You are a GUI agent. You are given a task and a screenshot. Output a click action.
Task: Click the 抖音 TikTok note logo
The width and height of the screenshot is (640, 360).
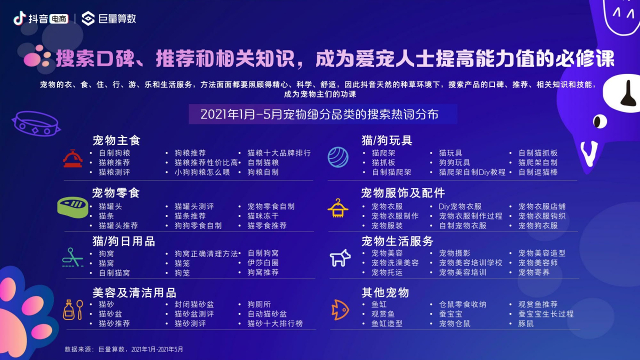(x=19, y=18)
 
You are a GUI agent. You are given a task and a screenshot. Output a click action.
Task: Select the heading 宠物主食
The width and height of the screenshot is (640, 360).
(x=116, y=140)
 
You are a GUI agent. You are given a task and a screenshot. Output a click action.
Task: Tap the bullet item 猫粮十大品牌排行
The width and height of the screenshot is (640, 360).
(x=279, y=153)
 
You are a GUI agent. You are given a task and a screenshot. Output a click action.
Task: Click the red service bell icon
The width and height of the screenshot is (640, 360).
(x=72, y=158)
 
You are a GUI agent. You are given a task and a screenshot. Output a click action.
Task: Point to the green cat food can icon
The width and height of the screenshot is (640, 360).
(x=72, y=206)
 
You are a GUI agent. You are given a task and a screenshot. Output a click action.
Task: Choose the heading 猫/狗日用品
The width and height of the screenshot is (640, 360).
(x=123, y=241)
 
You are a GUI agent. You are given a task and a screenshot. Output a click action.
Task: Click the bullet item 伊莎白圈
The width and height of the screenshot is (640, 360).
(x=263, y=263)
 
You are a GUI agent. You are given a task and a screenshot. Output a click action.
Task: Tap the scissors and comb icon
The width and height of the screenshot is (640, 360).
(x=73, y=257)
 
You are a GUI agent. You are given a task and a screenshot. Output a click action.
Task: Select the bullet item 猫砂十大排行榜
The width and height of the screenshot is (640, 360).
(x=275, y=323)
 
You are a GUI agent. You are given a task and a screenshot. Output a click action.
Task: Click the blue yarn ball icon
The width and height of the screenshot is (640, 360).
(x=338, y=157)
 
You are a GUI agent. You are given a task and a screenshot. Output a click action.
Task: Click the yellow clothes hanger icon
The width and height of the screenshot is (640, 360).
(x=338, y=208)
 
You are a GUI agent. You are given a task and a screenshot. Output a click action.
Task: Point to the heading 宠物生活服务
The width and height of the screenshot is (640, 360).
(x=397, y=241)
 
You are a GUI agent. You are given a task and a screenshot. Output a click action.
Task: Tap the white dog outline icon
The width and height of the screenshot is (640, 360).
(x=340, y=258)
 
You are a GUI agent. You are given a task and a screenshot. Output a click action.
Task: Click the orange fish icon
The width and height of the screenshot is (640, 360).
(x=340, y=309)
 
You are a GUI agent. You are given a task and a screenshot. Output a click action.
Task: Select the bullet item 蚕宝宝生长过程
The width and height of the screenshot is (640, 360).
(x=545, y=314)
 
